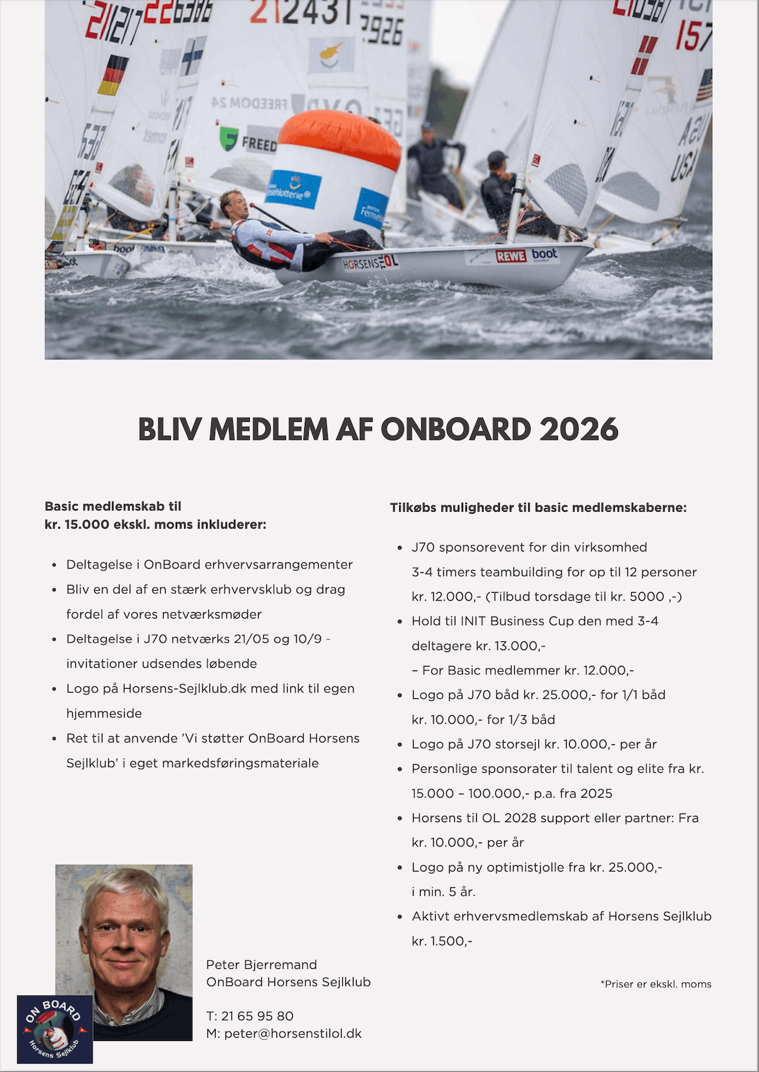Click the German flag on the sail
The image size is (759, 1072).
(113, 75)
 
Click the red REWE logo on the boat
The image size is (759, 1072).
(511, 256)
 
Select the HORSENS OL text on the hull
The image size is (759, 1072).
(370, 262)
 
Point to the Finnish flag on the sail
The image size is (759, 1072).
(193, 56)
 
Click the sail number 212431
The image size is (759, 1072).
(300, 11)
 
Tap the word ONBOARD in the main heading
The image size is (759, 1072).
(455, 430)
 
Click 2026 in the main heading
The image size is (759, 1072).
(579, 430)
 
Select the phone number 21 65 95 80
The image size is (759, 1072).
(257, 1016)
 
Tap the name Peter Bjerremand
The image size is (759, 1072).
(261, 964)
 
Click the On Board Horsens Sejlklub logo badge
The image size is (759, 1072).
(55, 1029)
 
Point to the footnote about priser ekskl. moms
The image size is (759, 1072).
(656, 984)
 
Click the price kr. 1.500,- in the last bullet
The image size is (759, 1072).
(442, 941)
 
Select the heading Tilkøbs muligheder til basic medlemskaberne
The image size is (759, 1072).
(538, 507)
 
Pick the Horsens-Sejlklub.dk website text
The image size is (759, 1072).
(185, 688)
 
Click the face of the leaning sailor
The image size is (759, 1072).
(231, 206)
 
